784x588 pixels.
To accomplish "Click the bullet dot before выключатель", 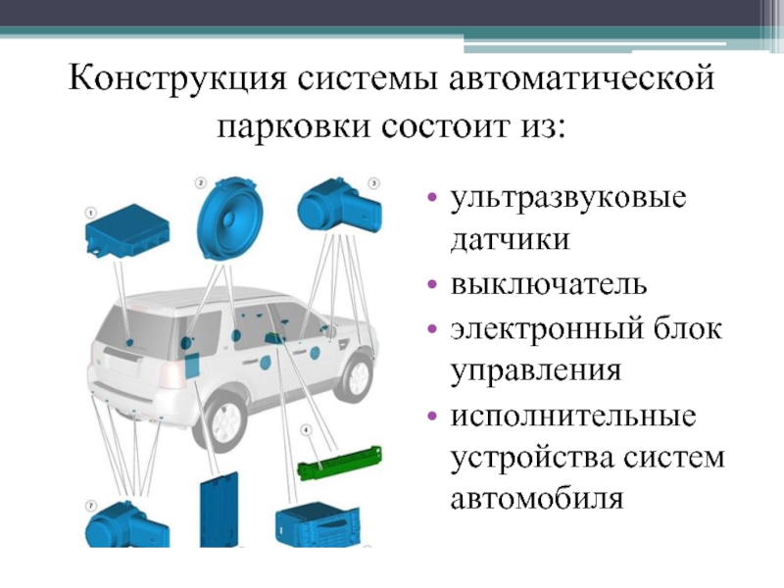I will [x=432, y=285].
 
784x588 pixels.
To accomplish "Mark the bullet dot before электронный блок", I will [x=432, y=328].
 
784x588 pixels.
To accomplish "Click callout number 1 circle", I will [x=89, y=212].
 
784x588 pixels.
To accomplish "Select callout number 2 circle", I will [x=200, y=182].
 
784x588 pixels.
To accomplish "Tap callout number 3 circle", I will [x=372, y=182].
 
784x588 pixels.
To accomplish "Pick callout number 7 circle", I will [x=90, y=506].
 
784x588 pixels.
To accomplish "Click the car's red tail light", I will [x=172, y=371].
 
